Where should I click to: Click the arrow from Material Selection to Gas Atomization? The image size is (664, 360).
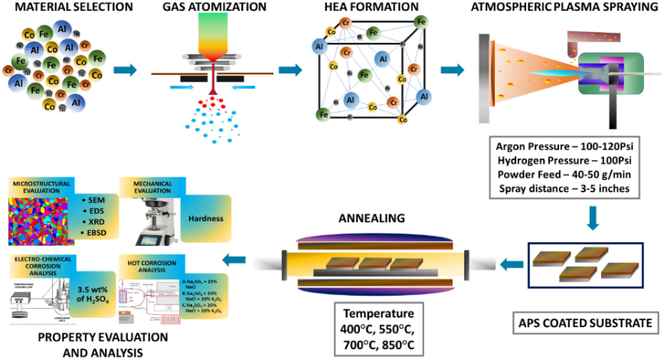click(125, 71)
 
